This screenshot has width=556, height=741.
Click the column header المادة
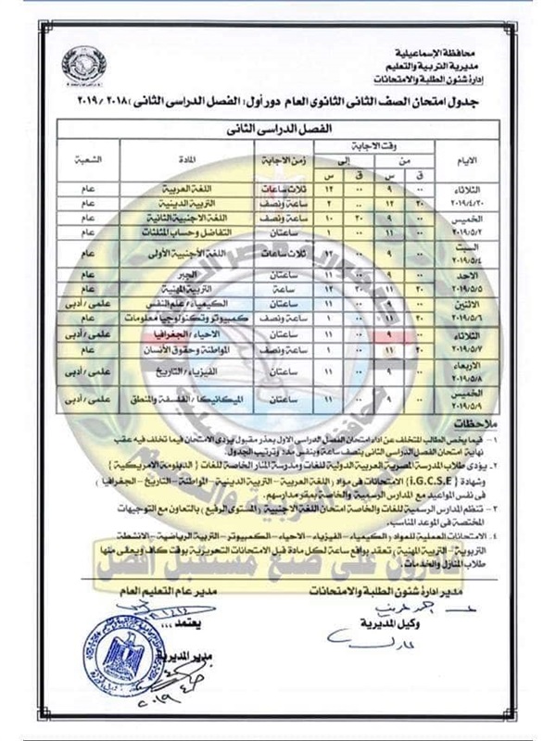click(189, 158)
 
